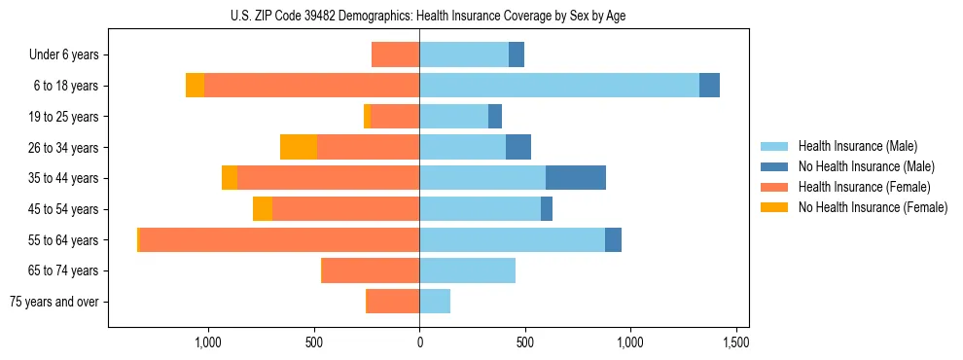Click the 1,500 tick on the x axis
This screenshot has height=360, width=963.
pyautogui.click(x=736, y=343)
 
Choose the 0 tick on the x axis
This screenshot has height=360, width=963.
pyautogui.click(x=419, y=343)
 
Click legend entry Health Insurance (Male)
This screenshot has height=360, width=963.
pyautogui.click(x=857, y=146)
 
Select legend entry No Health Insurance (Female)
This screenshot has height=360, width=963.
pyautogui.click(x=873, y=207)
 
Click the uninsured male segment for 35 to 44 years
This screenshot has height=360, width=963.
pyautogui.click(x=576, y=178)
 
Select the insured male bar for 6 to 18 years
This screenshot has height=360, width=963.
pyautogui.click(x=559, y=86)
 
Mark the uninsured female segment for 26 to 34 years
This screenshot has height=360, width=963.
pyautogui.click(x=299, y=147)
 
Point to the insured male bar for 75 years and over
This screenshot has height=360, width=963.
pyautogui.click(x=435, y=302)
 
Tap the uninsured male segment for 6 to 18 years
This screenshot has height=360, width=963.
pyautogui.click(x=709, y=86)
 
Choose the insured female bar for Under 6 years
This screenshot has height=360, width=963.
pyautogui.click(x=395, y=54)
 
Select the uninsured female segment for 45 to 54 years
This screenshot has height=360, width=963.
pyautogui.click(x=263, y=209)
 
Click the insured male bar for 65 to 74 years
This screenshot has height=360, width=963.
pyautogui.click(x=467, y=270)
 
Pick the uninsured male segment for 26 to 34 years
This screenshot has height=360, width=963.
pyautogui.click(x=518, y=147)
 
